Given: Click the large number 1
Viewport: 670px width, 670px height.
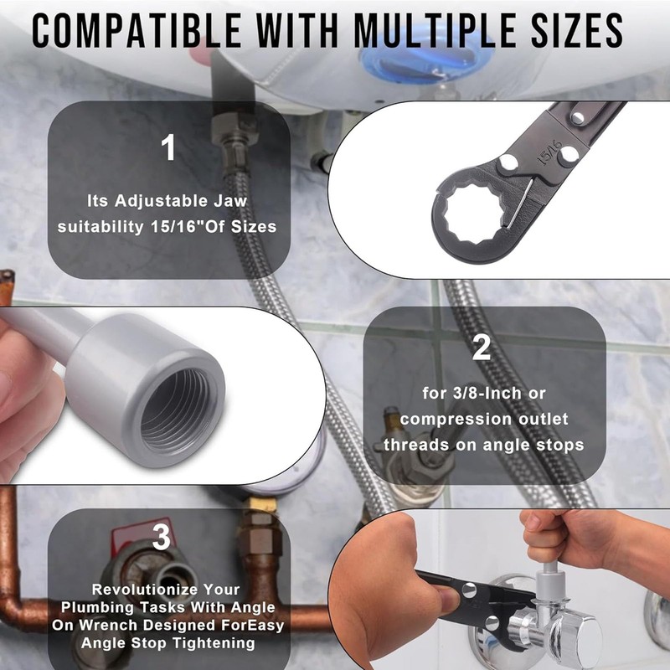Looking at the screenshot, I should (168, 148).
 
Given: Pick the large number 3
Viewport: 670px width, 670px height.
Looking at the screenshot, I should (162, 536).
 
